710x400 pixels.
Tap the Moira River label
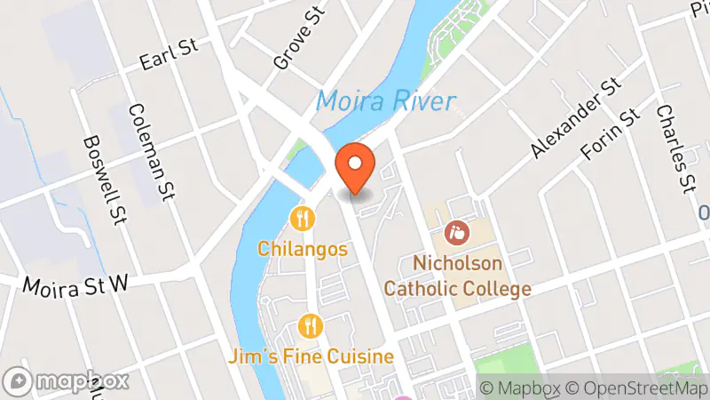pyautogui.click(x=385, y=100)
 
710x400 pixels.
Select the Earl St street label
pyautogui.click(x=168, y=58)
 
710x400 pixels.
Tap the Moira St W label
pyautogui.click(x=75, y=285)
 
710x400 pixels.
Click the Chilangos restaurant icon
pyautogui.click(x=303, y=218)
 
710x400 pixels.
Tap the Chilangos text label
pyautogui.click(x=303, y=249)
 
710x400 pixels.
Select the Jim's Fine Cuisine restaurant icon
pyautogui.click(x=309, y=325)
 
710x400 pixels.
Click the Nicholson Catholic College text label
pyautogui.click(x=458, y=276)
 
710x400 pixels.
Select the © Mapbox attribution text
pyautogui.click(x=520, y=388)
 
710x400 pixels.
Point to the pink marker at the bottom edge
pyautogui.click(x=402, y=396)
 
